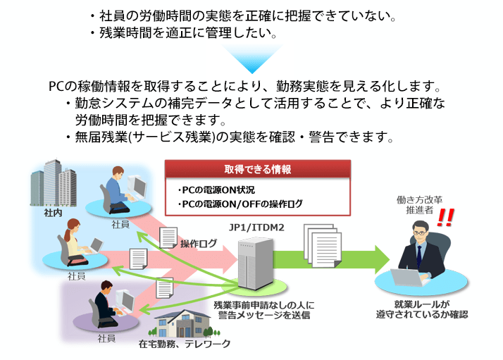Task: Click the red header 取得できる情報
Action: (x=258, y=170)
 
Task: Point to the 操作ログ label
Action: (x=198, y=244)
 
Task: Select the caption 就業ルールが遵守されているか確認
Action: (x=421, y=309)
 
